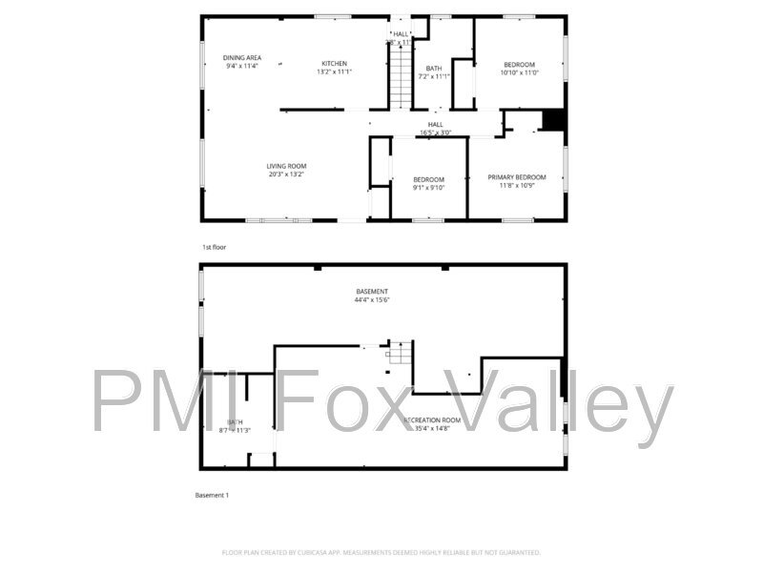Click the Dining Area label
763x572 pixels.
click(x=242, y=58)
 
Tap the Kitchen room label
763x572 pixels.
click(x=333, y=64)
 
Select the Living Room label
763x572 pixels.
click(x=286, y=166)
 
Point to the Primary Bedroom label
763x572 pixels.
click(x=516, y=177)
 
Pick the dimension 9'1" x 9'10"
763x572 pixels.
click(x=428, y=187)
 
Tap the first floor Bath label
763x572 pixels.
click(x=434, y=68)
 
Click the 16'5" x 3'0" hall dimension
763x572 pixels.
click(x=435, y=133)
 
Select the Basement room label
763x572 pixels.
click(x=372, y=292)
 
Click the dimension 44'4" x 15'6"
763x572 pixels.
click(x=372, y=300)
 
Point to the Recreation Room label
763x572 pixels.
click(x=432, y=420)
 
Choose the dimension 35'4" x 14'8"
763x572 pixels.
click(x=432, y=429)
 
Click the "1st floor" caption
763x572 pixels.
click(x=214, y=247)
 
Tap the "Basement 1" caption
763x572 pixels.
click(x=212, y=496)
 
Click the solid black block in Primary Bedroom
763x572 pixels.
click(x=553, y=120)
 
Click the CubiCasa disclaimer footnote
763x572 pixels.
click(x=381, y=552)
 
